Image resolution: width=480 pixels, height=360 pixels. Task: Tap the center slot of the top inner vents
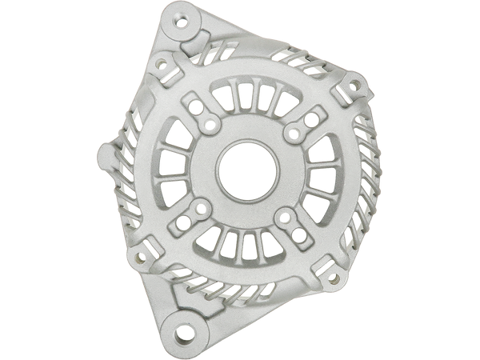[x=254, y=98]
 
